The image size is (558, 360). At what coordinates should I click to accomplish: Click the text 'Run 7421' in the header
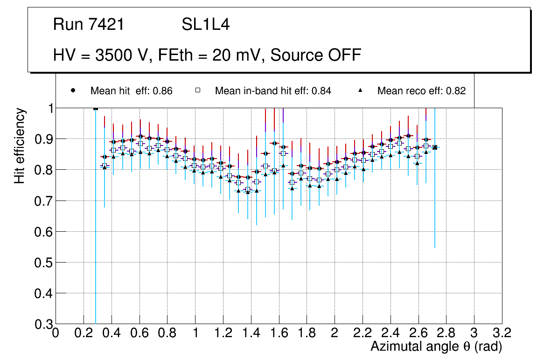point(89,25)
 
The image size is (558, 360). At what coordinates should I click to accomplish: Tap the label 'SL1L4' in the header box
point(205,25)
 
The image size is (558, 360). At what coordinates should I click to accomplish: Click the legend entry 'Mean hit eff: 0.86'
point(132,91)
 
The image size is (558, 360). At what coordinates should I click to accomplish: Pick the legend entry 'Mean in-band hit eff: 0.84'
point(273,91)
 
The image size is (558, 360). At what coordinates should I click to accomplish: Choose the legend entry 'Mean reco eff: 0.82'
point(421,91)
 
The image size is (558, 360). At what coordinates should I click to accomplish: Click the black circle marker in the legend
point(73,90)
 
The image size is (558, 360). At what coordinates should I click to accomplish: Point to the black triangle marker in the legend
point(361,90)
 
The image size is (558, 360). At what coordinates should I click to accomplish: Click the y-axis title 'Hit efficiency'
point(20,145)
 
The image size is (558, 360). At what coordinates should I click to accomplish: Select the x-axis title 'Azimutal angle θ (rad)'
point(436,346)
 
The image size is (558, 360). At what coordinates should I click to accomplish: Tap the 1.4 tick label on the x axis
point(251,333)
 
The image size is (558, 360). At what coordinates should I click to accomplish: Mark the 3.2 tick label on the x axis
point(502,333)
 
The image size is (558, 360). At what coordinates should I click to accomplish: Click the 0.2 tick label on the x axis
point(84,333)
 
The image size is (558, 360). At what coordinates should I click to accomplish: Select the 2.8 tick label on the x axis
point(446,333)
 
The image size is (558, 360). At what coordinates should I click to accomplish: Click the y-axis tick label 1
point(49,108)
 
